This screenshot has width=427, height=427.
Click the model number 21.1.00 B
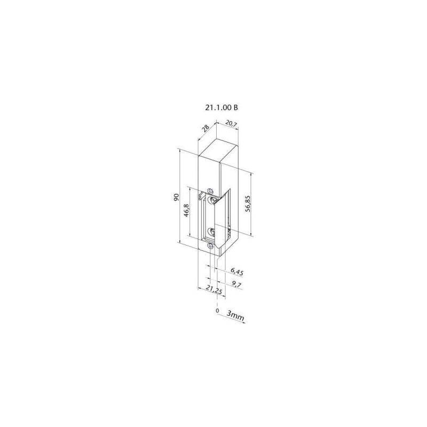[x=221, y=107]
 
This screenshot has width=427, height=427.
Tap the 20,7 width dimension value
[x=230, y=124]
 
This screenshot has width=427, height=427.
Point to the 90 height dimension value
[x=176, y=197]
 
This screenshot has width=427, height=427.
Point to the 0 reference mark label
[x=217, y=310]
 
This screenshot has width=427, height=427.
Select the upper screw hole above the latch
[x=210, y=190]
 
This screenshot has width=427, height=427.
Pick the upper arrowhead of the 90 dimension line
[x=180, y=151]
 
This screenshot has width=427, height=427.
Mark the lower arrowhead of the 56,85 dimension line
[x=251, y=235]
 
